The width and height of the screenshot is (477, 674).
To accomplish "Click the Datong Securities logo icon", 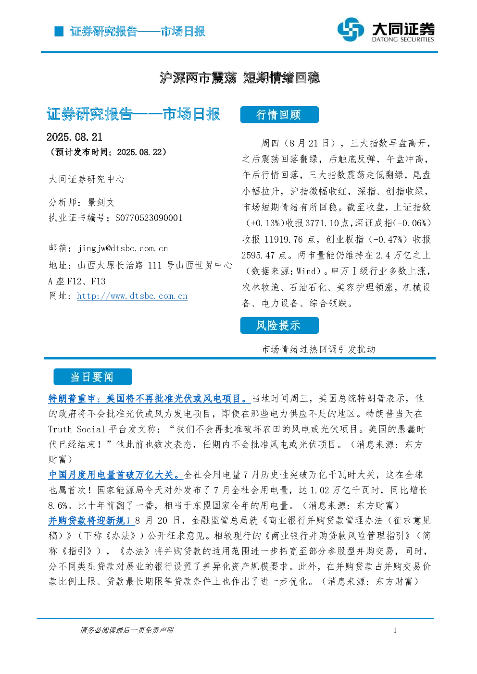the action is tap(351, 29).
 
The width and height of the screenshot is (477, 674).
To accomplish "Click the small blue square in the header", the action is tap(59, 31).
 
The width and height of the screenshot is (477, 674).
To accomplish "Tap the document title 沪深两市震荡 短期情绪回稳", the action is tap(239, 78).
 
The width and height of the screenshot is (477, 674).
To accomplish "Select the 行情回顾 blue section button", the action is tap(279, 115).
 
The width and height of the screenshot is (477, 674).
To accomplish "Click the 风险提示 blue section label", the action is tap(279, 325).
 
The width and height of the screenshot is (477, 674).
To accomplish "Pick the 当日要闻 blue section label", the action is tap(93, 377).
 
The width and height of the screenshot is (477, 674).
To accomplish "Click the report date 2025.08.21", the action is tap(75, 137).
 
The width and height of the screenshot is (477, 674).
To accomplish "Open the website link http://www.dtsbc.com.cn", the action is tap(132, 296).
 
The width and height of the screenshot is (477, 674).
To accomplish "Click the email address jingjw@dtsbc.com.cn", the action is tap(123, 248).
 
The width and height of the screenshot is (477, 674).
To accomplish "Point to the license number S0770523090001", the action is tap(149, 218).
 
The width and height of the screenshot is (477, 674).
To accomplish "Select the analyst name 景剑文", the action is tap(101, 202).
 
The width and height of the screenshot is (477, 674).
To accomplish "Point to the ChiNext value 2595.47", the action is tap(258, 255).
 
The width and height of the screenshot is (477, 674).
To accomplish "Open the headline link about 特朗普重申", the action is tap(150, 398).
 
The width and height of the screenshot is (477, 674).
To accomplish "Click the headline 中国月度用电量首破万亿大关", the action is tap(115, 475).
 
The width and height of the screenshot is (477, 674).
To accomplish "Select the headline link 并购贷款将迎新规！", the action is tap(91, 520).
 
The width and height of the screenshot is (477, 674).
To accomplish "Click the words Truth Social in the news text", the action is tap(76, 429).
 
